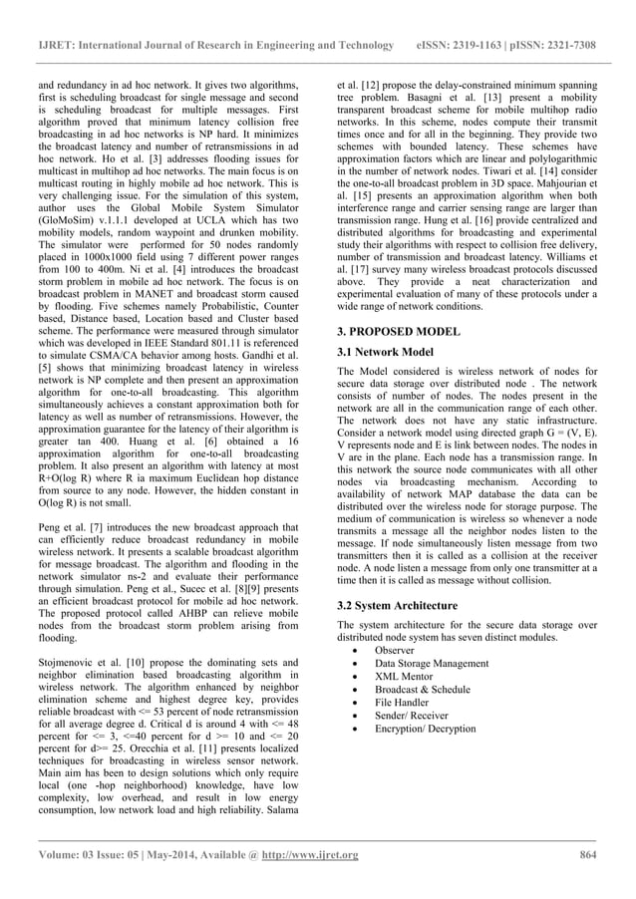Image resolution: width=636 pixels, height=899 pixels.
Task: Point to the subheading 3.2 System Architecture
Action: click(398, 605)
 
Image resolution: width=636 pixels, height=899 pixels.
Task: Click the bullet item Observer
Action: click(394, 650)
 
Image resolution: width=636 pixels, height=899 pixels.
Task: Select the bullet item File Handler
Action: click(404, 702)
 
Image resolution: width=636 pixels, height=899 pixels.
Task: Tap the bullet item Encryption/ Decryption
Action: click(426, 729)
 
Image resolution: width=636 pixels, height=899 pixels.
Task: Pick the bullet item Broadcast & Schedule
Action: click(423, 689)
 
